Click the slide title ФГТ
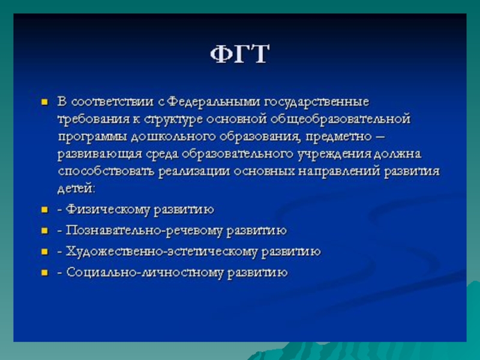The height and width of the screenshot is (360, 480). click(239, 54)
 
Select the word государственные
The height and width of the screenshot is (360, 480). click(316, 102)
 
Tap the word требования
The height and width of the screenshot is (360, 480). click(94, 119)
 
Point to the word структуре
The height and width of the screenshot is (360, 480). click(173, 119)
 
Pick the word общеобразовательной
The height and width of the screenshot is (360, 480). click(340, 119)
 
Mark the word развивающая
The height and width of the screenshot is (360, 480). click(100, 154)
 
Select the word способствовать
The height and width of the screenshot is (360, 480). click(106, 172)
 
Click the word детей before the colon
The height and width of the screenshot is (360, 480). click(75, 188)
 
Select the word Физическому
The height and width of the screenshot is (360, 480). click(108, 210)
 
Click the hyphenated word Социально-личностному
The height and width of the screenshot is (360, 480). click(145, 272)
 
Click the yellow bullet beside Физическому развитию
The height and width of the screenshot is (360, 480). click(44, 209)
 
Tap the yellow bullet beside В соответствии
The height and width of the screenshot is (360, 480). click(44, 102)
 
